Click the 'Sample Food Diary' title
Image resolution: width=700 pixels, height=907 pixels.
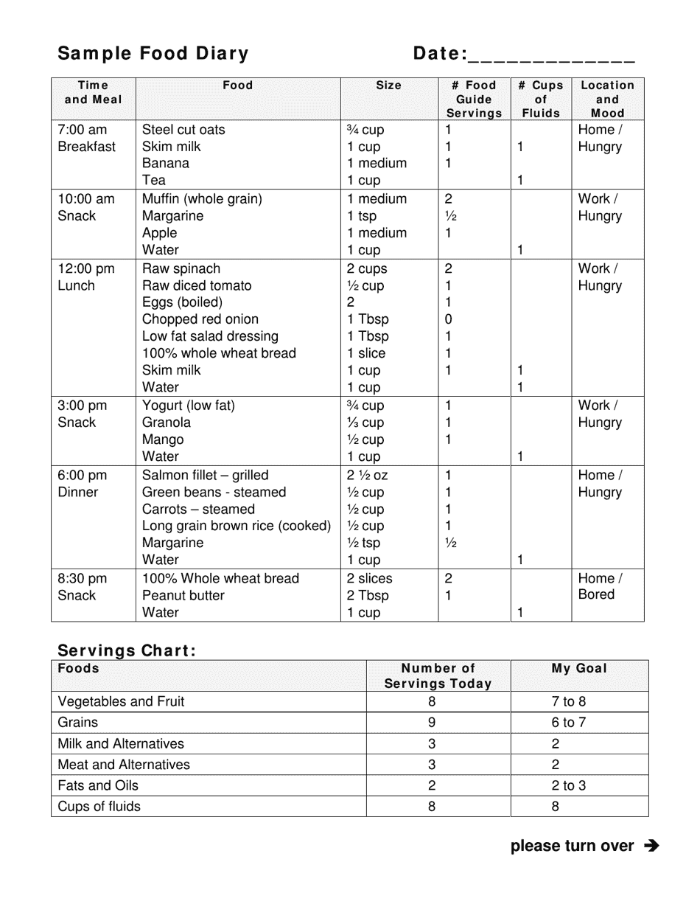point(153,54)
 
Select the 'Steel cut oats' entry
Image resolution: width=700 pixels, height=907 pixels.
point(183,130)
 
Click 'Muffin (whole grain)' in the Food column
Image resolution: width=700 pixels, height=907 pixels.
point(202,199)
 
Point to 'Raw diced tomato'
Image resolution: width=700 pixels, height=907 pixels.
point(197,286)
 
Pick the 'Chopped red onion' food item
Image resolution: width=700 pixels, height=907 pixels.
point(200,319)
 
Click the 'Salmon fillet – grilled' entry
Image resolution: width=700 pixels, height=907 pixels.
point(206,476)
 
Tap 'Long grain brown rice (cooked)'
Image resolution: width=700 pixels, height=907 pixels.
point(237,527)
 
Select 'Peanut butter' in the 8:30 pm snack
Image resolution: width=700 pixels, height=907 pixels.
point(183,596)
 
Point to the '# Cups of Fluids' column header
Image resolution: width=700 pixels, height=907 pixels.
point(541,100)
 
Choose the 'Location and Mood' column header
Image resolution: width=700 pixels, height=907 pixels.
point(607,100)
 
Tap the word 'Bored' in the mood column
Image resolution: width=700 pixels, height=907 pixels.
point(596,595)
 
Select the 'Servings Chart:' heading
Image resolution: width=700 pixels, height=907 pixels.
point(127,650)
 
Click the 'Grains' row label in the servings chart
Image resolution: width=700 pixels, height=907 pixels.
point(77,723)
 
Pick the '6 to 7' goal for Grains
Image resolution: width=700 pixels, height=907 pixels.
point(569,723)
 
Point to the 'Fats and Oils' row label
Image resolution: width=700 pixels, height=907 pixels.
point(98,785)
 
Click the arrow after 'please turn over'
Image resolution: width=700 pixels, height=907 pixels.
point(651,846)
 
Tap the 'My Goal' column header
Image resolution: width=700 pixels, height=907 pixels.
point(579,669)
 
